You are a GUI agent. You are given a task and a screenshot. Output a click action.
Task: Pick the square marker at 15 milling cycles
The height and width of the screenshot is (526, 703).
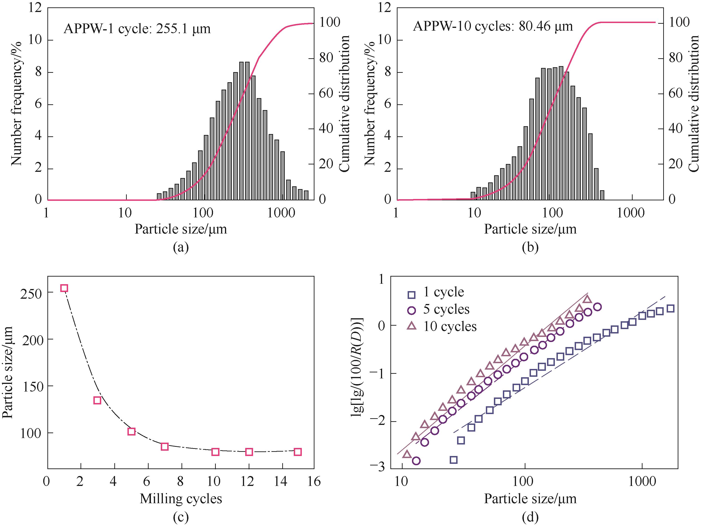click(x=297, y=452)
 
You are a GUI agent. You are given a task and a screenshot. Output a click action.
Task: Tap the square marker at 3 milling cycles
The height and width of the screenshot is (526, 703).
click(x=97, y=400)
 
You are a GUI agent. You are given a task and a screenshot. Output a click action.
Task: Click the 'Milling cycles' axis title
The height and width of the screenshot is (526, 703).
click(x=181, y=499)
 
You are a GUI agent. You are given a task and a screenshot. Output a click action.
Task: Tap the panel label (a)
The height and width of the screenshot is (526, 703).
click(x=181, y=247)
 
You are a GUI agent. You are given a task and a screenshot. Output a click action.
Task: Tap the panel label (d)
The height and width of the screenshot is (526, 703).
click(x=530, y=517)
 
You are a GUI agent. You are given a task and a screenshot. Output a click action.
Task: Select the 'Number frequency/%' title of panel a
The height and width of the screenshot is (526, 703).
click(x=17, y=103)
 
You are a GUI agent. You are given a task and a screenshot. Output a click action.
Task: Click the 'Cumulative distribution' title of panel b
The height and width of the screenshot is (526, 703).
click(x=694, y=103)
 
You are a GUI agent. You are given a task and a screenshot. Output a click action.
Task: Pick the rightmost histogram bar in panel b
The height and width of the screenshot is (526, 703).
click(x=602, y=195)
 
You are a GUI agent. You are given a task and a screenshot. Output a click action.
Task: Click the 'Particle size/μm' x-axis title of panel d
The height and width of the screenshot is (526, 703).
click(x=530, y=499)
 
